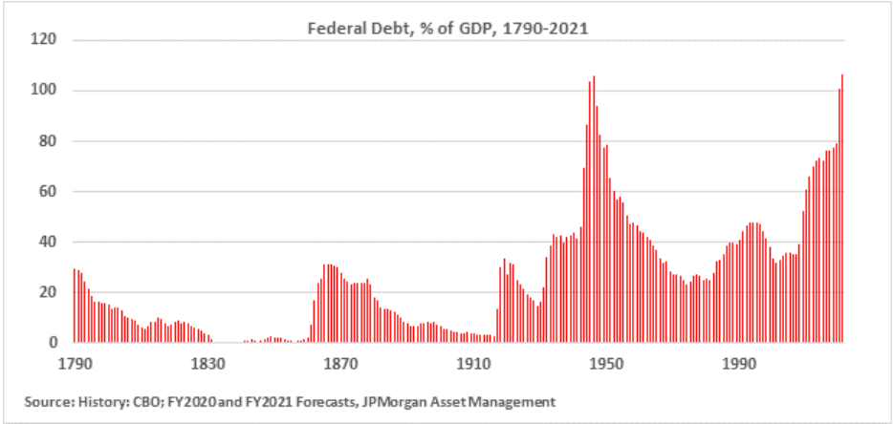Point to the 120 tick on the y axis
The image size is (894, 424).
tap(45, 40)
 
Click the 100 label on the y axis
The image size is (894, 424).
tap(45, 91)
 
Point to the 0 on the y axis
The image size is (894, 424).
tap(53, 343)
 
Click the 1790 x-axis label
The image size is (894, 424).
tap(75, 363)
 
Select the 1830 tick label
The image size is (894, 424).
tap(207, 363)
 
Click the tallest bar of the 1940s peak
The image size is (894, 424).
tap(594, 210)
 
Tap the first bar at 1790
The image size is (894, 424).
tap(74, 306)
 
